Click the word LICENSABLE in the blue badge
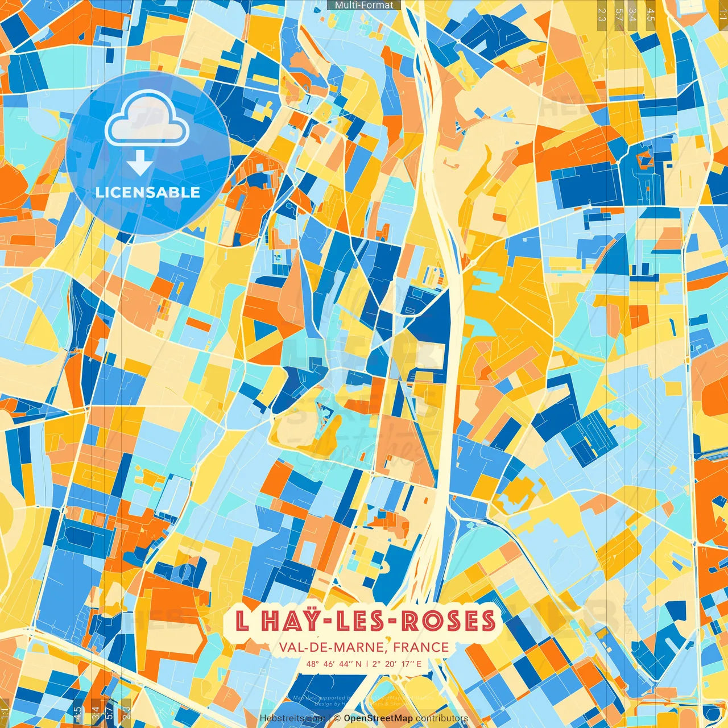coord(148,192)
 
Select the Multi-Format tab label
coord(364,5)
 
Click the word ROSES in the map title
coord(449,621)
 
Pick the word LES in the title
coord(361,621)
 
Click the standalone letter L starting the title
coord(242,621)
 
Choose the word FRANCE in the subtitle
coord(421,647)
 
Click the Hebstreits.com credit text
coord(292,718)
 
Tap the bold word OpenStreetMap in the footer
coord(378,718)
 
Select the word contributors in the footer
coord(442,718)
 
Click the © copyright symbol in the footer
coord(337,718)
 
